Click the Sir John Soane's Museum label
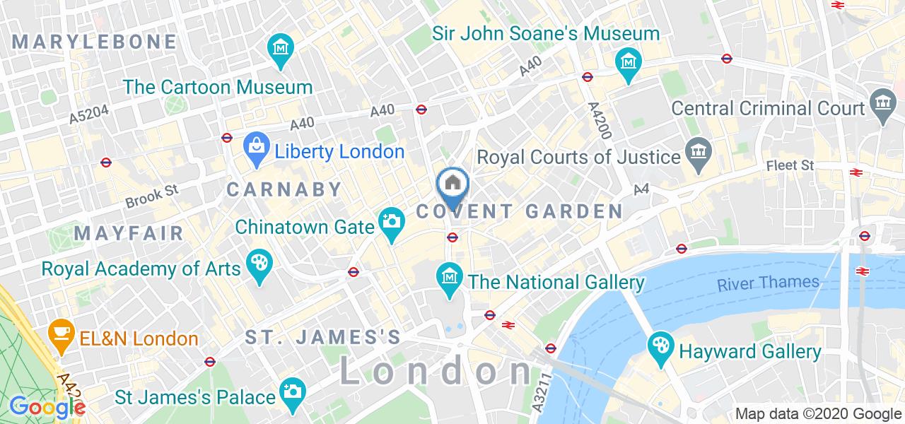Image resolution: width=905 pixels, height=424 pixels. [547, 33]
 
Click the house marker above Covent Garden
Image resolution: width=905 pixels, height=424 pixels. [452, 184]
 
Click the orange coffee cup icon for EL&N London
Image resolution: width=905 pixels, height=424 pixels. [61, 333]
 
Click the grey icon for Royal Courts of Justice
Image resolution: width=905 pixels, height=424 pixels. [699, 155]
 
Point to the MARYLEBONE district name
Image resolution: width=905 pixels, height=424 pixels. [94, 42]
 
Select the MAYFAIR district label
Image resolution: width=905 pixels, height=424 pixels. [129, 233]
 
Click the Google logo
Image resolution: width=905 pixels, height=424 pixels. [47, 407]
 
